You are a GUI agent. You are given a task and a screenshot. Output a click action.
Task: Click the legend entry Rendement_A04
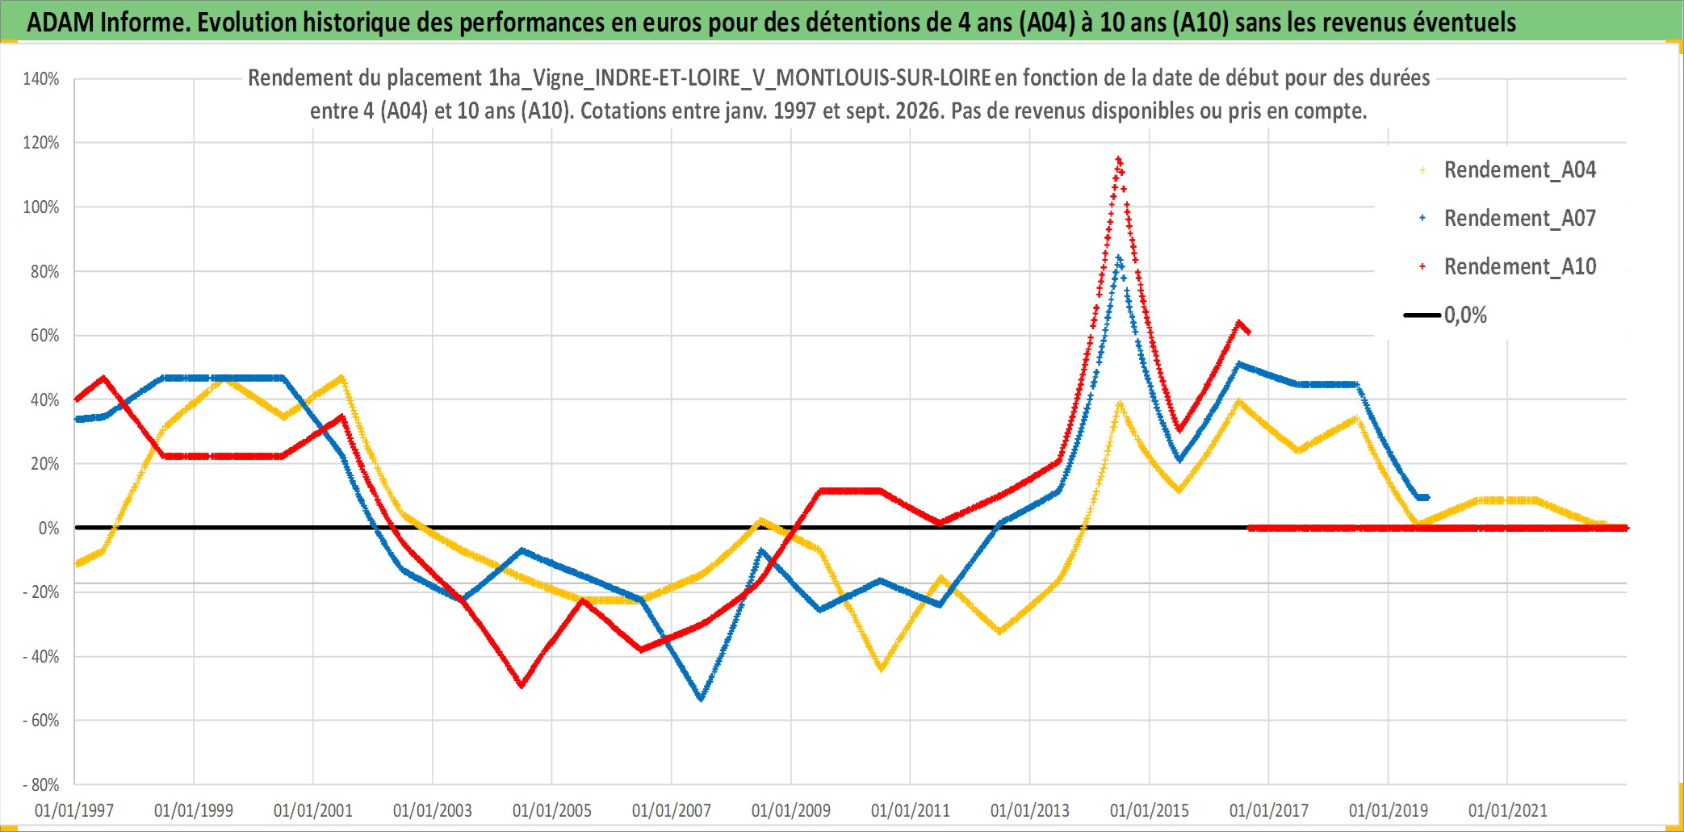tap(1508, 170)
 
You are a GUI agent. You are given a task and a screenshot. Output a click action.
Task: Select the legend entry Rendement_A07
tap(1508, 219)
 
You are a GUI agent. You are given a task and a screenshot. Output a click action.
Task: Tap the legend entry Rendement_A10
tap(1508, 267)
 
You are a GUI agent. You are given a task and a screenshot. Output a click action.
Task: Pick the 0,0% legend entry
tap(1446, 315)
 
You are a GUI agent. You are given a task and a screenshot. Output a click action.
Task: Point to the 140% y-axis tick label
tap(41, 79)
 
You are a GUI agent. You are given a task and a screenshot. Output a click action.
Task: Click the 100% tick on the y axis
tap(41, 207)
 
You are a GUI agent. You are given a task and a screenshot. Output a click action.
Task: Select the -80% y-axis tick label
tap(41, 784)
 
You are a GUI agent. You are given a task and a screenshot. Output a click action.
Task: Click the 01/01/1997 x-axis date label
tap(74, 810)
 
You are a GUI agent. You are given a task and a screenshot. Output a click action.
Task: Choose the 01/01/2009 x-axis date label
tap(791, 810)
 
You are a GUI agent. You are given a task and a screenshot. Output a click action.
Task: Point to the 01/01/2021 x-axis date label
tap(1508, 810)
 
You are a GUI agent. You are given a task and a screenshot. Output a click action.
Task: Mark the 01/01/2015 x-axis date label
tap(1150, 810)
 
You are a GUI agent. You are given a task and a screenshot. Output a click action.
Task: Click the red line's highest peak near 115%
tap(1119, 159)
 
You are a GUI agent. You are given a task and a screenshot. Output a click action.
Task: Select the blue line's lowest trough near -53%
tap(701, 698)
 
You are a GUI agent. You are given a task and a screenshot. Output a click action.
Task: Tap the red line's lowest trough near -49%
tap(522, 685)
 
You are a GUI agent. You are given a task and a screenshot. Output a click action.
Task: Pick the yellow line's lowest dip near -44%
tap(881, 668)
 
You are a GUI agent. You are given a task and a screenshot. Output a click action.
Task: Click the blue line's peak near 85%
tap(1119, 257)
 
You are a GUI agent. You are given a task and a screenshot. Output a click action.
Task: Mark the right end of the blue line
tap(1427, 497)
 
